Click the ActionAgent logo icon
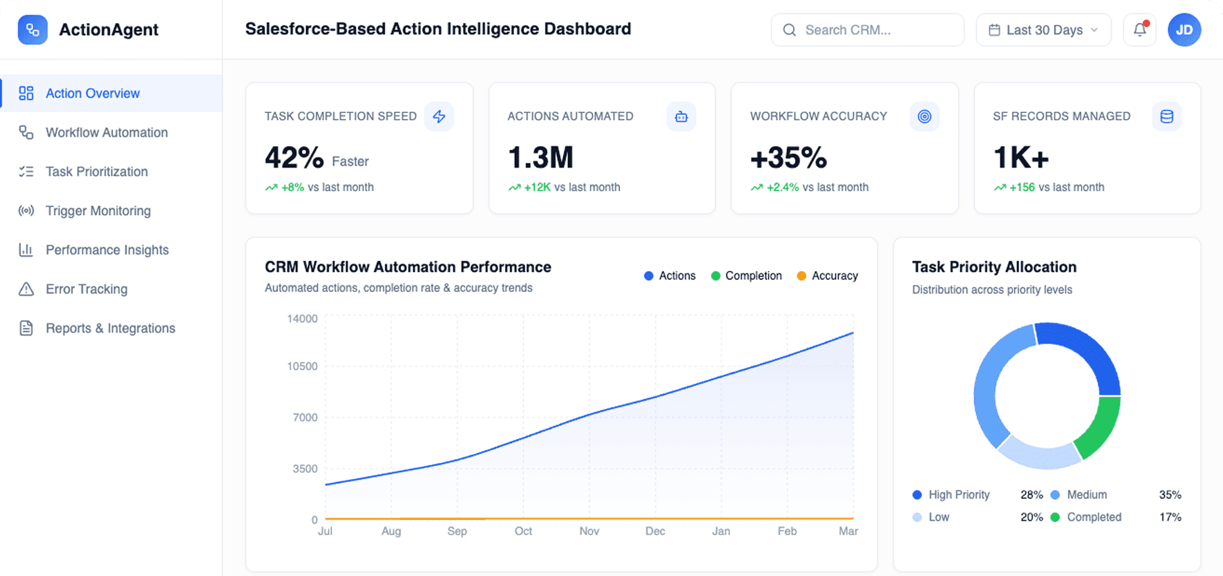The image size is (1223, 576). pos(32,30)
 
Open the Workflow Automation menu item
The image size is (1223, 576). pos(107,133)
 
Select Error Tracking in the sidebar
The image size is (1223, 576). pos(86,289)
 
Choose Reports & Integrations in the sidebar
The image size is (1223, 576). pos(110,328)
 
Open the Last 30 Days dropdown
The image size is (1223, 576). pos(1043,30)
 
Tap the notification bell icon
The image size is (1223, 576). pos(1139,30)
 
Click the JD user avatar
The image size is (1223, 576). pos(1184,30)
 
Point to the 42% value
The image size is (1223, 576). pos(294,158)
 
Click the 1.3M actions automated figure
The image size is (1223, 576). pos(540,158)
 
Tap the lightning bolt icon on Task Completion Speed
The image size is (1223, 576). pos(439,116)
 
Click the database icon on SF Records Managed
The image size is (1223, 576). pos(1166,116)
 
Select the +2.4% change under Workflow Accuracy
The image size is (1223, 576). pos(782,187)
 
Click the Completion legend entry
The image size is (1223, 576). pos(746,276)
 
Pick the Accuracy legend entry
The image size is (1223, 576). pos(827,276)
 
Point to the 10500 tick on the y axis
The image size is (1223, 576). pos(302,366)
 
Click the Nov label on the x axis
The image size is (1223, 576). pos(589,531)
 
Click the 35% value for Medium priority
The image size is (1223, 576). pos(1170,494)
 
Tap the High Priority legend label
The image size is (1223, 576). pos(959,494)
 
